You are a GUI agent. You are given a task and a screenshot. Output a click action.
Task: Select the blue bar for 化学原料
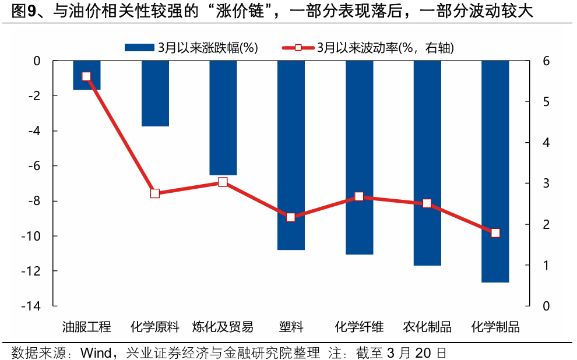click(x=155, y=93)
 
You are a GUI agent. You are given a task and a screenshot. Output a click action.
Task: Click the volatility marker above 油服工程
click(x=87, y=76)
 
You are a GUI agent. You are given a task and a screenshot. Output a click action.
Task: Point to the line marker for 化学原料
click(x=155, y=193)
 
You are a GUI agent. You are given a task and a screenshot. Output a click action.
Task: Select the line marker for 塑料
click(x=291, y=217)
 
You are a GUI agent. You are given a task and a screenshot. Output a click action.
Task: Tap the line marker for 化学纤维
click(x=359, y=197)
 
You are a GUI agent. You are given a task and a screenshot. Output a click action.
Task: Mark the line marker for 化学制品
click(x=495, y=233)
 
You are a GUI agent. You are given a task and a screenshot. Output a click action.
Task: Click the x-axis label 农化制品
click(x=427, y=327)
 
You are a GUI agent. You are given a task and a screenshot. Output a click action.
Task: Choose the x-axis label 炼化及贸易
click(x=223, y=327)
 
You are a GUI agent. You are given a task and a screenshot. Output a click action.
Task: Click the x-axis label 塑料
click(x=291, y=327)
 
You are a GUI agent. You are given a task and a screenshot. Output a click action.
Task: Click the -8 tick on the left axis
click(x=34, y=202)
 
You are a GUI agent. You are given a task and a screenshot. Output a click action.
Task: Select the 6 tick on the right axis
click(x=546, y=61)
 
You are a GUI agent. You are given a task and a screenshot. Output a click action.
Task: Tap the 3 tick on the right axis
click(x=546, y=183)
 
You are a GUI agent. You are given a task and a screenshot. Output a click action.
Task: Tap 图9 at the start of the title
click(x=19, y=11)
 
